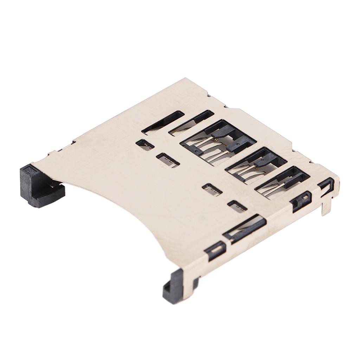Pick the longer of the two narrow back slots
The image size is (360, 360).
coord(162,122)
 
